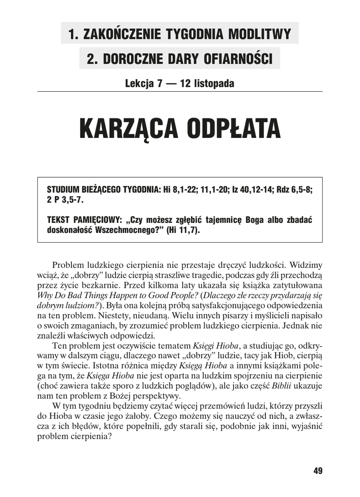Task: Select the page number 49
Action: coord(318,470)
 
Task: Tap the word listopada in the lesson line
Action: coord(214,83)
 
